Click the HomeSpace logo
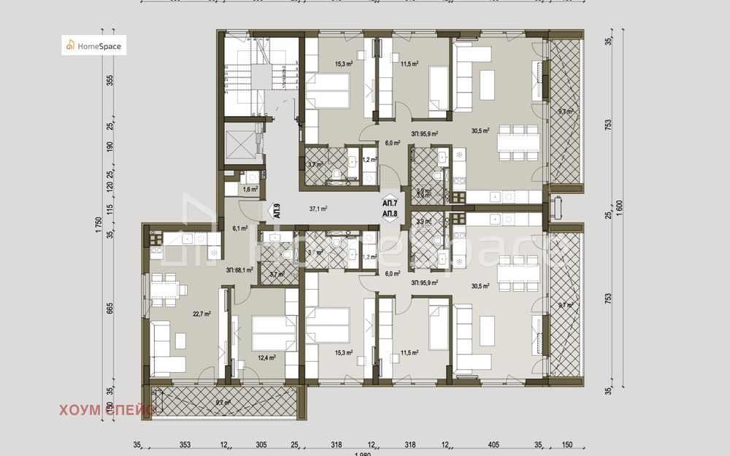[93, 45]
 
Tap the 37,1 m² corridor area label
[318, 208]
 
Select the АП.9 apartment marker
[276, 211]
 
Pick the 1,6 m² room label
[250, 189]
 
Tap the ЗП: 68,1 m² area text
[239, 268]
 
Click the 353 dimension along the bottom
[185, 444]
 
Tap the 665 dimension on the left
[110, 308]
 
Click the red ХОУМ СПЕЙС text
[107, 411]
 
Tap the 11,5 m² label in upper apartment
[410, 63]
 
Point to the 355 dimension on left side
[110, 80]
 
